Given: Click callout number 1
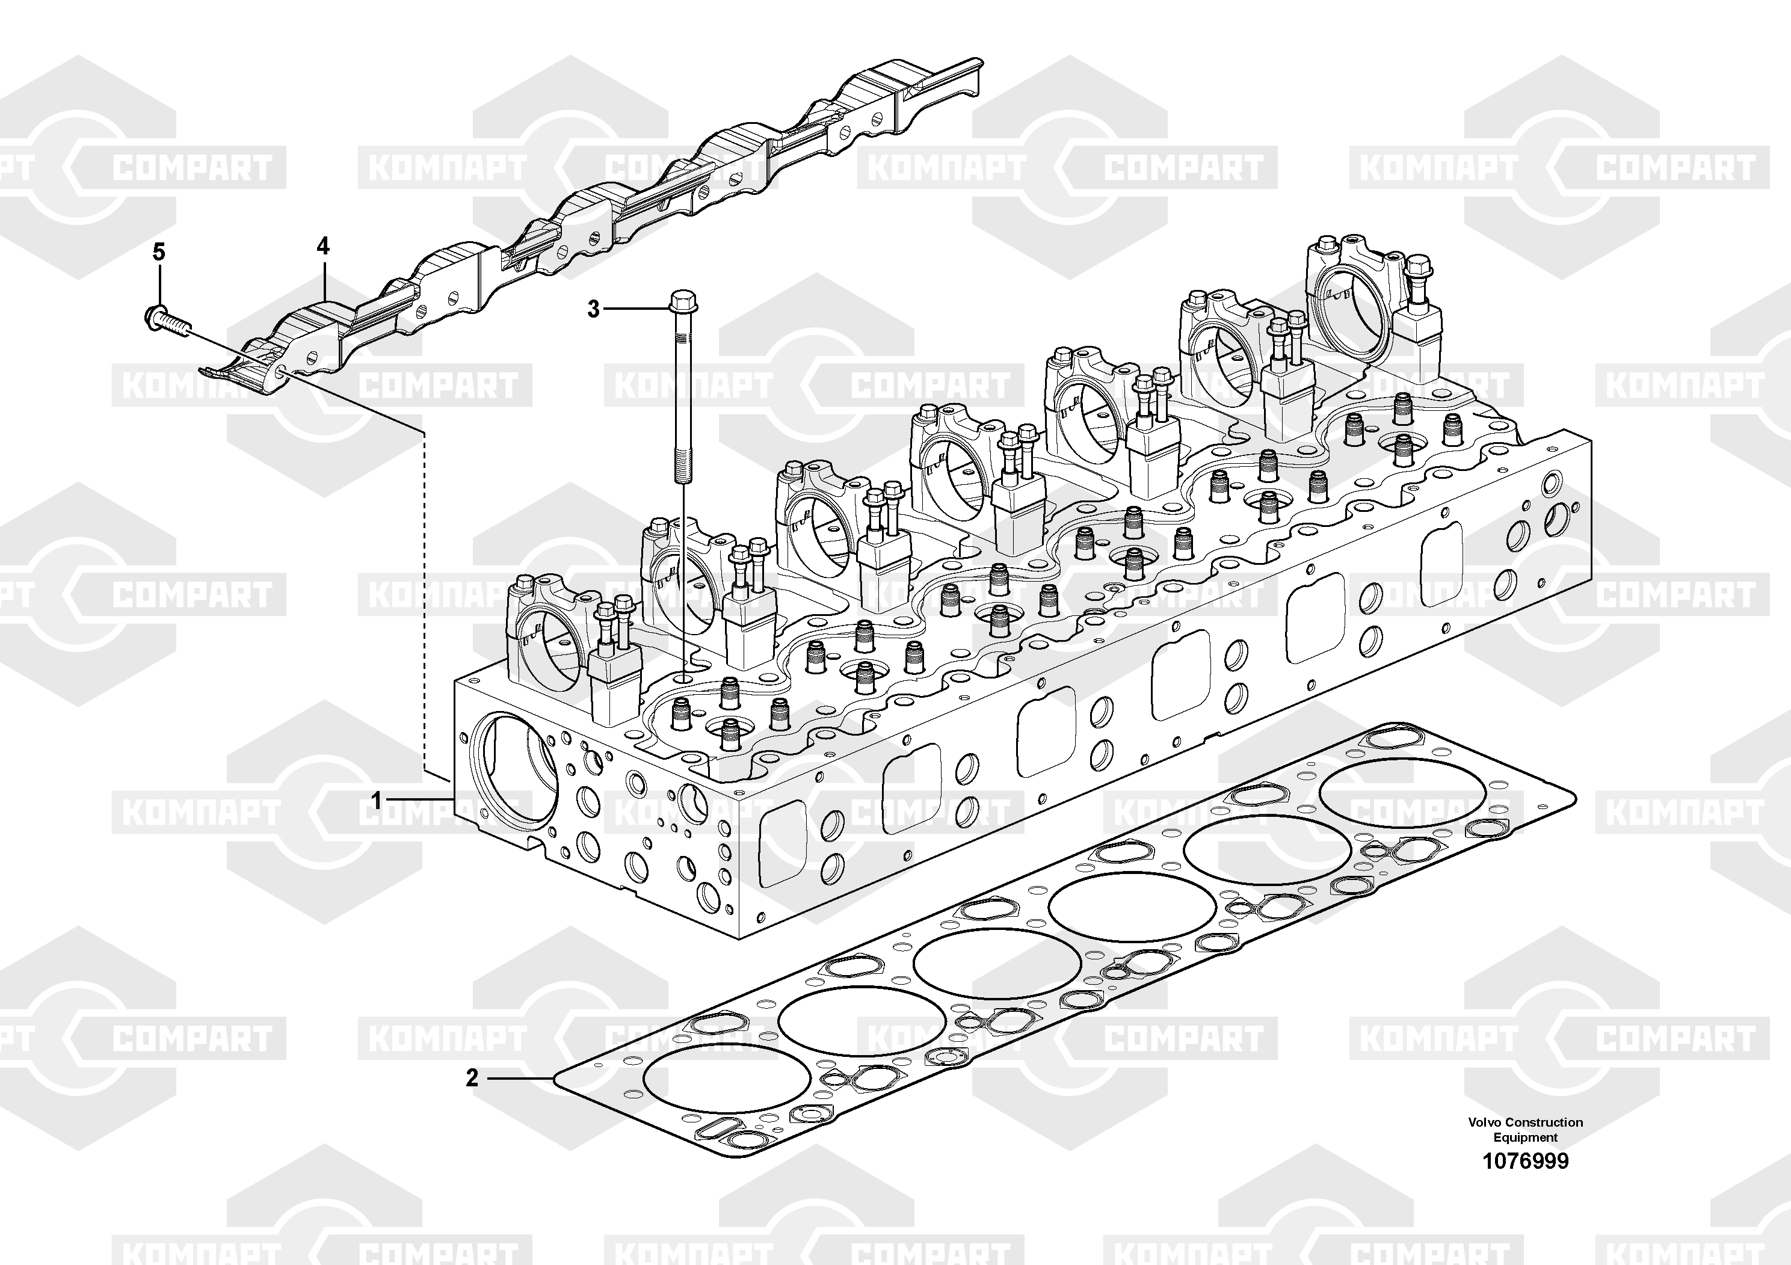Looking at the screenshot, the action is click(x=376, y=800).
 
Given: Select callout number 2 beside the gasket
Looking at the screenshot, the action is click(x=471, y=1079).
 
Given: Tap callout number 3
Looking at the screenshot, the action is click(x=594, y=310).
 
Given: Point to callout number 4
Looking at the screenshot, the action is click(x=323, y=247).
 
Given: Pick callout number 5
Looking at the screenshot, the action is click(x=159, y=252).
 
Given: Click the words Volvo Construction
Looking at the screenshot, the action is click(x=1525, y=1122).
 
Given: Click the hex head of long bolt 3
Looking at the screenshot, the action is click(x=683, y=300).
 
